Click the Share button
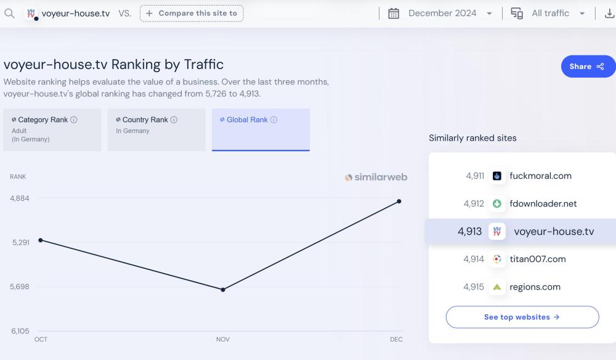click(x=588, y=67)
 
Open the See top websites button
click(x=522, y=317)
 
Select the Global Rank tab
click(x=261, y=129)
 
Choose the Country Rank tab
click(x=156, y=129)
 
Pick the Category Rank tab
click(x=52, y=129)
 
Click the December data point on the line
click(x=399, y=201)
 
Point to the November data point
click(x=223, y=289)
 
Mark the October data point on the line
click(x=41, y=240)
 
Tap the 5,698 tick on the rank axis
click(x=21, y=287)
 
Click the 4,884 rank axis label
click(x=20, y=198)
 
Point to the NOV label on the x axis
click(x=222, y=340)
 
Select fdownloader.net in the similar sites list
click(x=543, y=203)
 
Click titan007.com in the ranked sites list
click(x=537, y=259)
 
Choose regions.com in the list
click(x=535, y=287)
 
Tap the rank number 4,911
click(x=475, y=176)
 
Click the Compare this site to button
click(x=192, y=13)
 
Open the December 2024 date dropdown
click(x=441, y=13)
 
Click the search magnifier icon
click(x=9, y=13)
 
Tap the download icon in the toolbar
click(x=609, y=13)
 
